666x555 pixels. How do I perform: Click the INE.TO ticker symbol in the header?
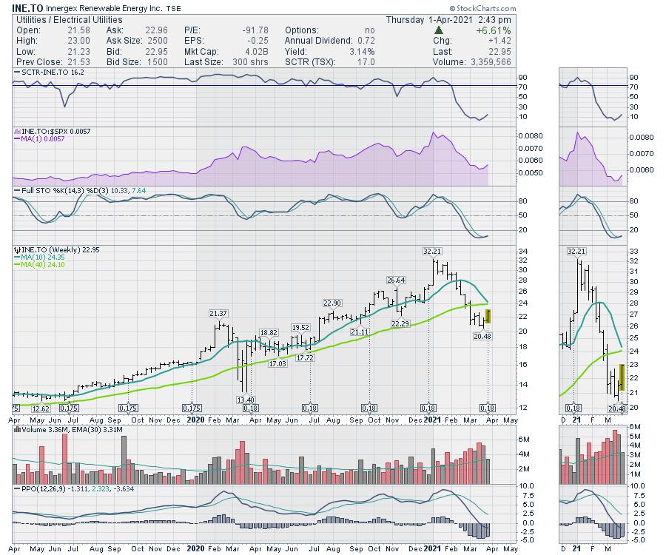28,7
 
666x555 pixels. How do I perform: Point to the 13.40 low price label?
246,400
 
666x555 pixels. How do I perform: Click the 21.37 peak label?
218,314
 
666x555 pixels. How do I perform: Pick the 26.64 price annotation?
397,280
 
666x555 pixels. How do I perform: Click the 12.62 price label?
40,408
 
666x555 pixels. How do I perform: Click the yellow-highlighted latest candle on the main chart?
488,317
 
